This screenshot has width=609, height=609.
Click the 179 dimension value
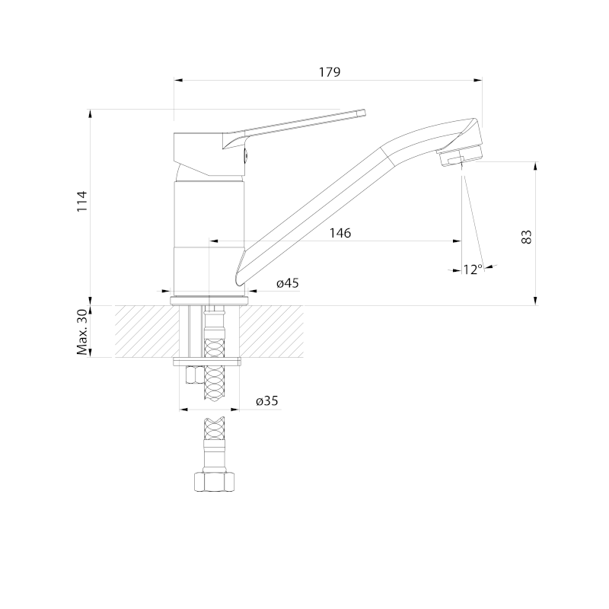[330, 72]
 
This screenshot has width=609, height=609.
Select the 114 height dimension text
[82, 201]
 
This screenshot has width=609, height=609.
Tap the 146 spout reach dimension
[340, 233]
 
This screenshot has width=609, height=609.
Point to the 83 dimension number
[526, 237]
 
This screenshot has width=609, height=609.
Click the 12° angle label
[473, 269]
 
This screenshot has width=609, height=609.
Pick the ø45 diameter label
[288, 283]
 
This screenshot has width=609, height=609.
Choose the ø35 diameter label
[267, 400]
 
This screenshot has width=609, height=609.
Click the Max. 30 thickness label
[82, 331]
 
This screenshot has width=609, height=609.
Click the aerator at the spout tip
[459, 157]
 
